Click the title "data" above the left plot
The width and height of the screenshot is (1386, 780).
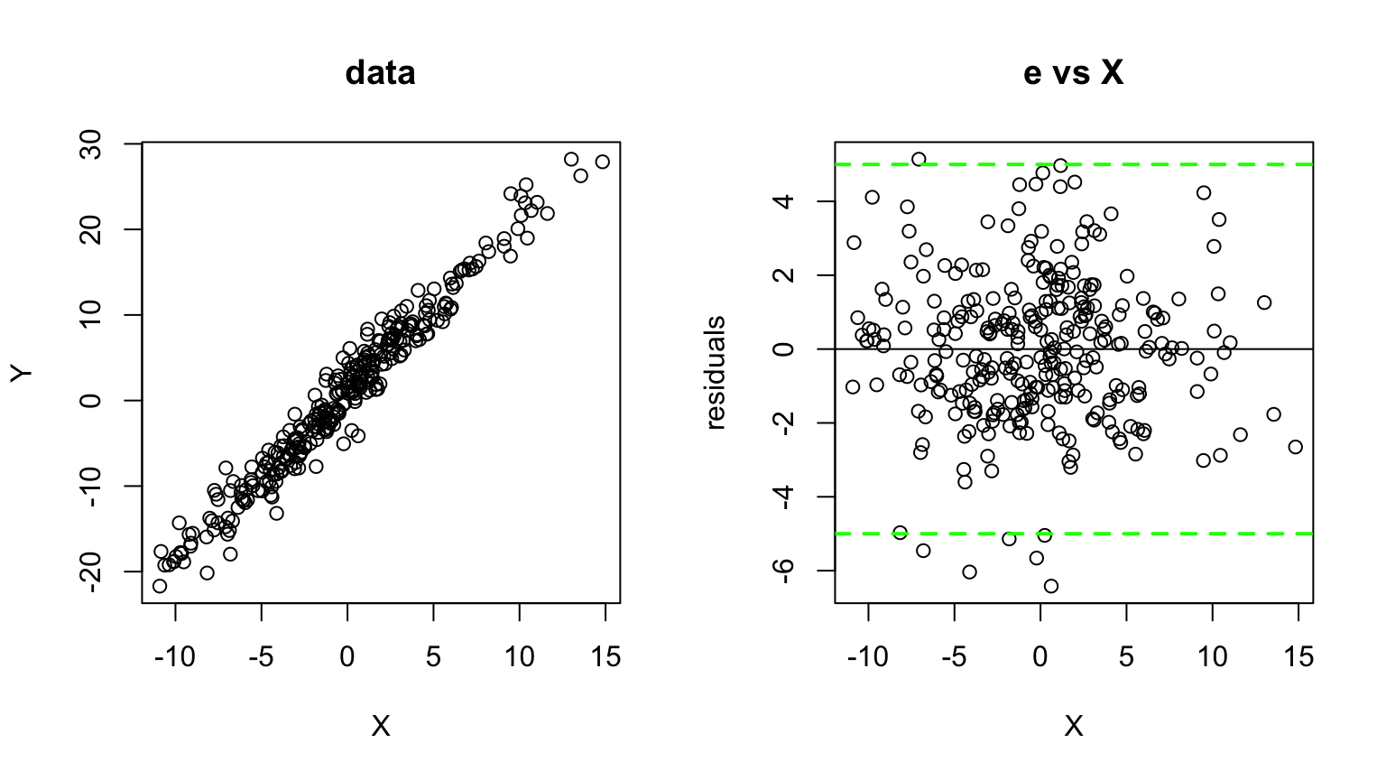pos(380,72)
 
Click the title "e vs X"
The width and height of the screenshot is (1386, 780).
pos(1073,72)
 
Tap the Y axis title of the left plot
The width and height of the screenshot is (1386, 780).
pos(22,372)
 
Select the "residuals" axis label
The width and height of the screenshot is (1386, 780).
pos(715,372)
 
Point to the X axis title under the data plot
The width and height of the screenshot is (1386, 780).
pos(380,726)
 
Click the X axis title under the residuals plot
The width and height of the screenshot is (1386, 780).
pos(1073,726)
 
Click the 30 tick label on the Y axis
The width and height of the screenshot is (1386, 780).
pos(91,144)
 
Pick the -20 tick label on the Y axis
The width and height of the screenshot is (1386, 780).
pos(91,571)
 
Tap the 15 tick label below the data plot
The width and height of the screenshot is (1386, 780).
pos(605,658)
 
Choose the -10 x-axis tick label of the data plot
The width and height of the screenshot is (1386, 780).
pos(174,658)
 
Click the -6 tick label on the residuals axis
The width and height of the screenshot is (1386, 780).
pos(784,571)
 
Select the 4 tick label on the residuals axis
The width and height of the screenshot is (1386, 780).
pos(784,200)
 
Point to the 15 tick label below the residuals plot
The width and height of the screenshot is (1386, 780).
pos(1298,658)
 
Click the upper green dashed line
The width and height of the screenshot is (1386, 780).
pos(1173,164)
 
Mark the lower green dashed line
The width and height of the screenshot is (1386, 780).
pos(1173,534)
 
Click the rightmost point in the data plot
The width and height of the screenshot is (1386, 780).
pos(603,162)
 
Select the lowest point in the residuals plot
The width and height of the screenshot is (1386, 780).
pos(1050,586)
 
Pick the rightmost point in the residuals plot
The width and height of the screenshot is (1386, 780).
pos(1296,447)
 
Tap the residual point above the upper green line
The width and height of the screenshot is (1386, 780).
pos(919,159)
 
